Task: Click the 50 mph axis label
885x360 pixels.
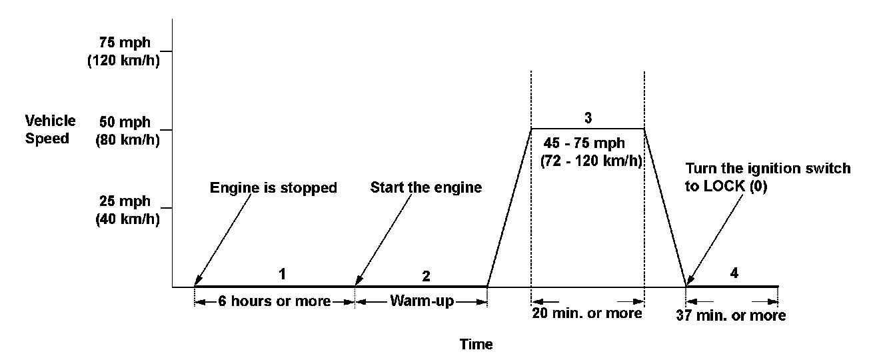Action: (123, 123)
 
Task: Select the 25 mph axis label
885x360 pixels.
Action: (123, 201)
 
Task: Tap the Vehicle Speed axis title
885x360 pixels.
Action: (51, 130)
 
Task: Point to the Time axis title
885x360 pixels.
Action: (476, 345)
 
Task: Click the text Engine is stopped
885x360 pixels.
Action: (274, 188)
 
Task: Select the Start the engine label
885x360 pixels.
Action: (426, 188)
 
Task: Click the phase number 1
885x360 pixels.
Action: (283, 273)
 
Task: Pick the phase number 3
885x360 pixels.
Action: (588, 118)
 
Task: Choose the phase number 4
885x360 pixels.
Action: (734, 273)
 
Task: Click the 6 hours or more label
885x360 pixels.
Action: (274, 301)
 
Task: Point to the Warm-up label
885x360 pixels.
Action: (422, 301)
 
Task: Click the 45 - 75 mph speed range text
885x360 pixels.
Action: (589, 143)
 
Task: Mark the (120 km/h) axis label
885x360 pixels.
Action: (123, 63)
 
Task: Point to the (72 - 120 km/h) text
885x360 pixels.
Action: (590, 161)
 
